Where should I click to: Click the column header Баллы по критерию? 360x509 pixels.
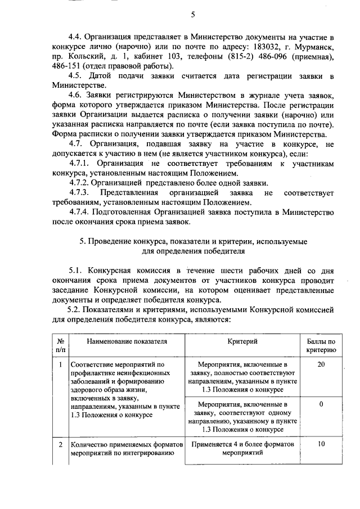pyautogui.click(x=321, y=345)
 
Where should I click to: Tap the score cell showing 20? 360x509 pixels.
pyautogui.click(x=321, y=365)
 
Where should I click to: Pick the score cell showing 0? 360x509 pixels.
pyautogui.click(x=321, y=404)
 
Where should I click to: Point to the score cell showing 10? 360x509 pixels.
pyautogui.click(x=321, y=444)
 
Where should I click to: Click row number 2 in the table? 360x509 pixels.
pyautogui.click(x=60, y=444)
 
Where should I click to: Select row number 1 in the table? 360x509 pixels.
pyautogui.click(x=60, y=365)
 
